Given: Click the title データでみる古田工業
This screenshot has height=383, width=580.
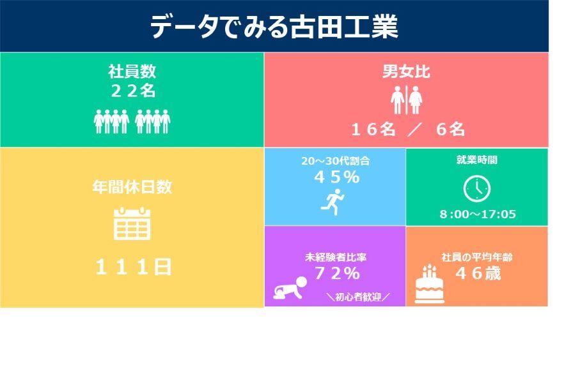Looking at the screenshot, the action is pos(274,27).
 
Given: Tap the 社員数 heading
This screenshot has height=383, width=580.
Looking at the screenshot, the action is pos(132,71).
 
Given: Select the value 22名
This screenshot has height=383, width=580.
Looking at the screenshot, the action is pos(133,91).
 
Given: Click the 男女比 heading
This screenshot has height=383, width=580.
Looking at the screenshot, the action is pos(406,71).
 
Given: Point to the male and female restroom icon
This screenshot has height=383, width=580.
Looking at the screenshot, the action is pos(406,100).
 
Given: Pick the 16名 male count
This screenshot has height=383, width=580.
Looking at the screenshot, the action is pos(373,130).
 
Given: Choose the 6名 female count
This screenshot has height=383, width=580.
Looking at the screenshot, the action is pos(450,130).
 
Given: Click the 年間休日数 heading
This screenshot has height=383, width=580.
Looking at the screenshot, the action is pos(132,186).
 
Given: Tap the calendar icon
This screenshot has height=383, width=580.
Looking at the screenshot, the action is pos(132,223).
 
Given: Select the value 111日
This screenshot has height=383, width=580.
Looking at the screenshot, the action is pos(133,267).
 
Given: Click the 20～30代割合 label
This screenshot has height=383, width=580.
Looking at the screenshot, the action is pos(335,161).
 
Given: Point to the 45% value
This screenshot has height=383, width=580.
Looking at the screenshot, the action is pos(336,177).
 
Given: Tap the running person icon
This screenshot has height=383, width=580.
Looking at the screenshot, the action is pos(333,202).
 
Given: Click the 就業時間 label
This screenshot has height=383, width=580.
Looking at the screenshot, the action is pos(477,160).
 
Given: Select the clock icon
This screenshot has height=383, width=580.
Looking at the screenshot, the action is pos(477,189).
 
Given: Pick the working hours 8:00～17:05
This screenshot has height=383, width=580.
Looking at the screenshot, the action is pos(478,214).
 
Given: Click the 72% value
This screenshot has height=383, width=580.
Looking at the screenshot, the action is pos(337,273).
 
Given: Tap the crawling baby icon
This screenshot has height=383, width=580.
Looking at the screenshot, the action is pos(290,288).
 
